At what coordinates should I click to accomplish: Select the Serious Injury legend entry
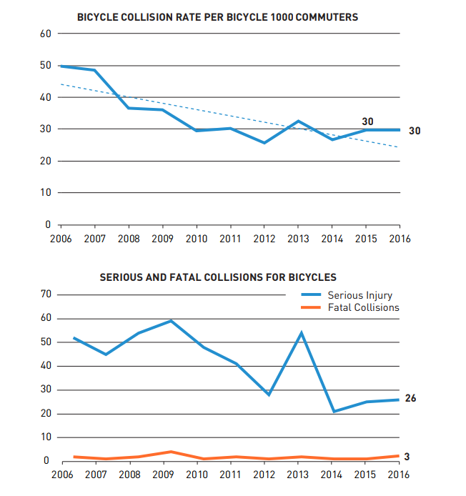[x=360, y=294]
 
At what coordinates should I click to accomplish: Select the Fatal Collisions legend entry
[x=363, y=307]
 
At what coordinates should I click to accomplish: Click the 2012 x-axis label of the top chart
[x=264, y=239]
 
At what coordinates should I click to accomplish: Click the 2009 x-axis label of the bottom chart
[x=163, y=475]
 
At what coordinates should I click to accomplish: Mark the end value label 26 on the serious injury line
[x=410, y=399]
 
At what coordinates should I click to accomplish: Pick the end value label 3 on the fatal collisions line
[x=407, y=456]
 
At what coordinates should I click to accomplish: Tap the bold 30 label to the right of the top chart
[x=415, y=131]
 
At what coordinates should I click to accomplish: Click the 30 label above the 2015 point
[x=367, y=121]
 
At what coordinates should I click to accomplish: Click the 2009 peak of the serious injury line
[x=170, y=321]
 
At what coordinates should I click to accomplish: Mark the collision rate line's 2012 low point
[x=264, y=143]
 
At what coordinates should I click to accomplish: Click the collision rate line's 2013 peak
[x=298, y=121]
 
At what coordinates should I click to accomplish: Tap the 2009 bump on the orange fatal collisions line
[x=170, y=452]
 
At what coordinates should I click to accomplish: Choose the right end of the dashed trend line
[x=399, y=147]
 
